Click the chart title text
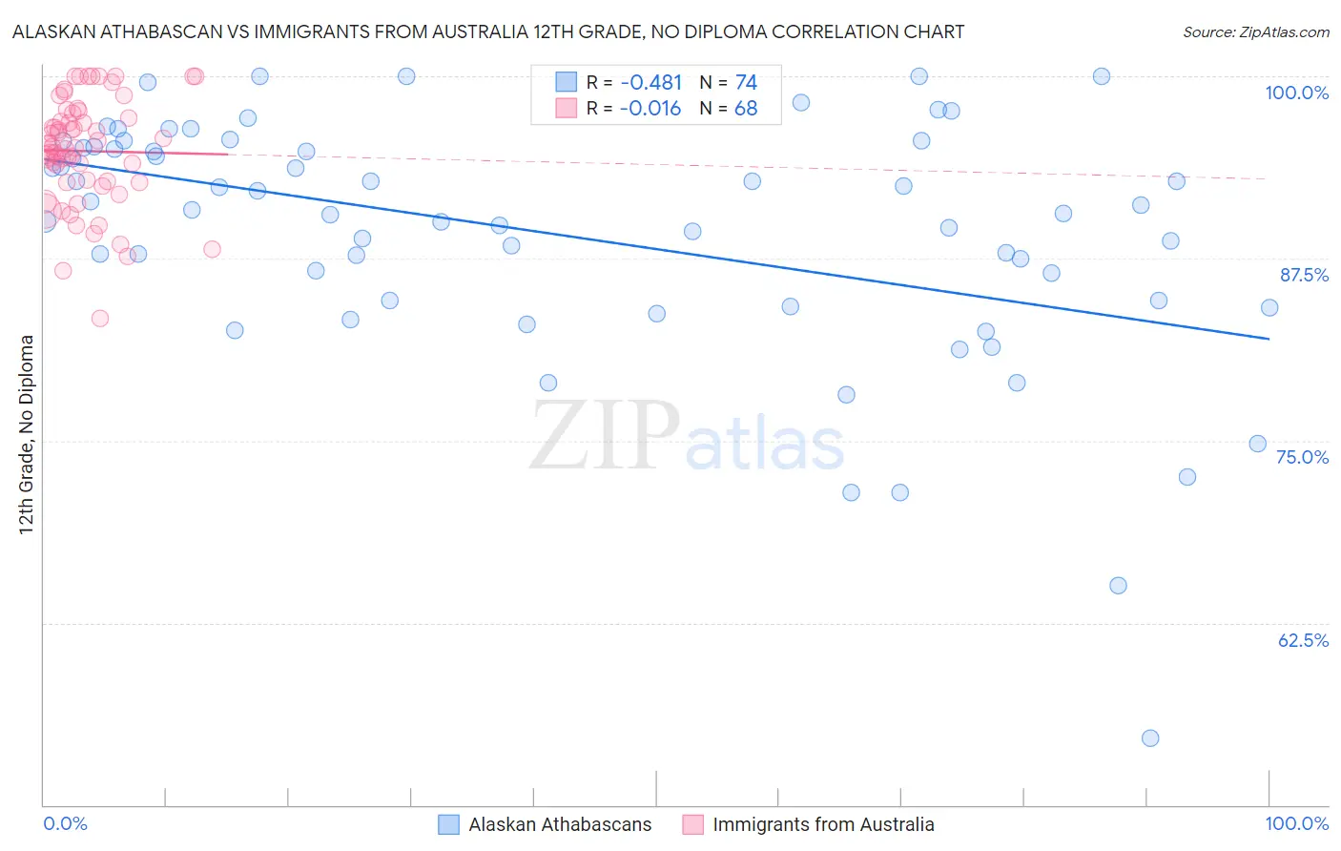click(487, 31)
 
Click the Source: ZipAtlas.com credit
click(1255, 31)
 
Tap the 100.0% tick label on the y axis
click(1296, 93)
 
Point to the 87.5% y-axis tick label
click(1304, 275)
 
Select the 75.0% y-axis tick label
click(1302, 457)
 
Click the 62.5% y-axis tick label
click(1303, 640)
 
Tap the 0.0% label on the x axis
click(65, 823)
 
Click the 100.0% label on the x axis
click(1296, 823)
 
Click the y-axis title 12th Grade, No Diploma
click(27, 434)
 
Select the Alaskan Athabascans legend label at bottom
click(560, 824)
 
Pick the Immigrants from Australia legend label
click(823, 824)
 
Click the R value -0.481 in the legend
click(650, 83)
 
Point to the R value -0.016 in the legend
click(650, 109)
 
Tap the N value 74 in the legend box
click(746, 83)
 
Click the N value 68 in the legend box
click(746, 109)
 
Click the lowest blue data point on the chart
click(1150, 738)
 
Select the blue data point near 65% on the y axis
click(1118, 586)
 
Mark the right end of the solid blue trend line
click(1269, 339)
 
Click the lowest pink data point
click(100, 319)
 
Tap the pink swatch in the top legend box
click(567, 109)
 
